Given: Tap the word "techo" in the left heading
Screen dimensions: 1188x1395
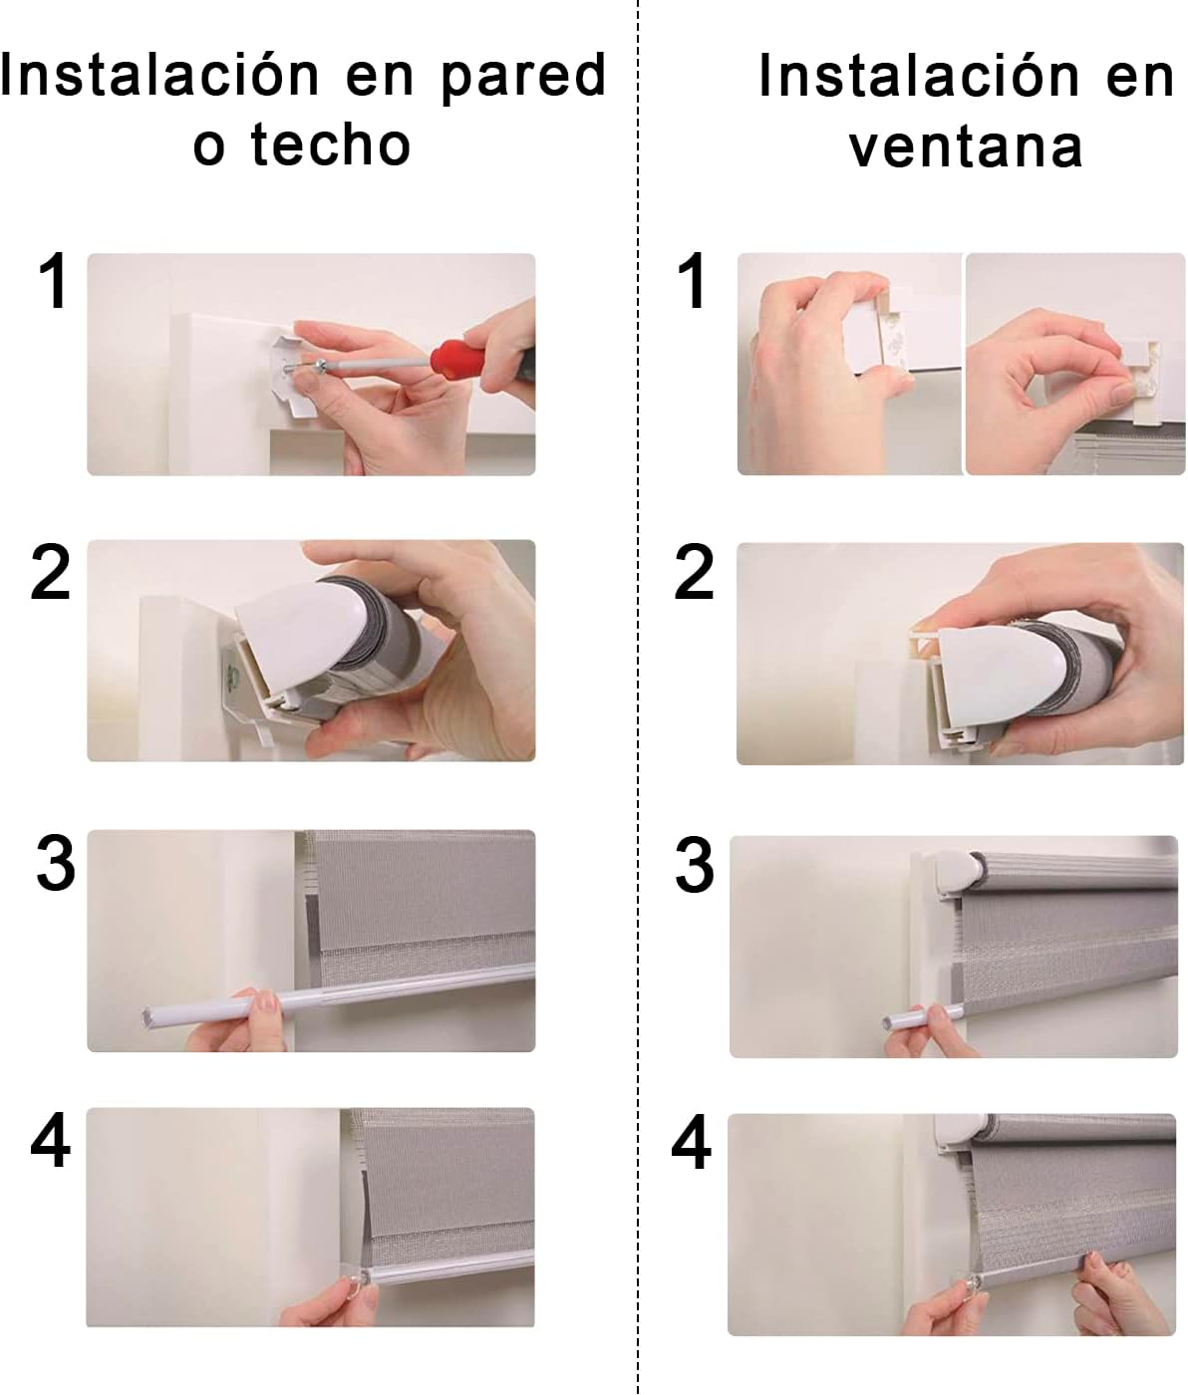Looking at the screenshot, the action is tap(331, 145).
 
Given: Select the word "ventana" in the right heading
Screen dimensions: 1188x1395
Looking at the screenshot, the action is tap(966, 147).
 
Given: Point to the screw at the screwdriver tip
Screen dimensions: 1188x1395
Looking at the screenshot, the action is tap(320, 366).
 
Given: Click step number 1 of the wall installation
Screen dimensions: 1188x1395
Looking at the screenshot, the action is tap(54, 281).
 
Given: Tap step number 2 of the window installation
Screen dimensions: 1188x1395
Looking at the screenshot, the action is tap(695, 573).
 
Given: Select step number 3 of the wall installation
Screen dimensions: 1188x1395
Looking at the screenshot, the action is tap(56, 863).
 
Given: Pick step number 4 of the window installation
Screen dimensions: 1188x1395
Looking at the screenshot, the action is tap(692, 1143).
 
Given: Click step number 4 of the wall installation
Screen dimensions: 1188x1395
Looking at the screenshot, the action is tap(51, 1142).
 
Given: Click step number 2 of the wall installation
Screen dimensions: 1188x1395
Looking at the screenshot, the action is tap(51, 573).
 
